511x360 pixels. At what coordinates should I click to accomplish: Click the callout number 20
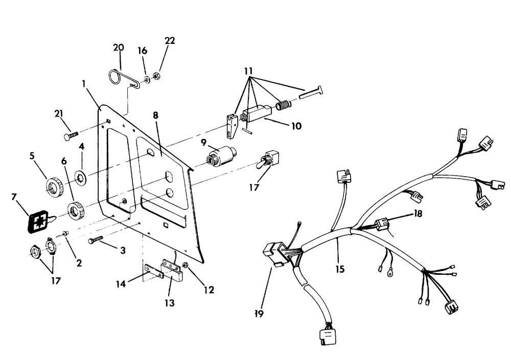pos(119,47)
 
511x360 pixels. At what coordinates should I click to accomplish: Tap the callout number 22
pos(170,41)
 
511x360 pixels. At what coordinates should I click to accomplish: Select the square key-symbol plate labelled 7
pos(39,221)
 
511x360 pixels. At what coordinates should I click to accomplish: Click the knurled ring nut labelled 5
pos(54,186)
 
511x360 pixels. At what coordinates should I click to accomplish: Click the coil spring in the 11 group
pos(283,106)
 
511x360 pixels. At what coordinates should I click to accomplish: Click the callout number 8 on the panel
pos(155,115)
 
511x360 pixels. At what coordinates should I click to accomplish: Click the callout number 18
pos(419,214)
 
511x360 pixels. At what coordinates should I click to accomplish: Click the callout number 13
pos(170,303)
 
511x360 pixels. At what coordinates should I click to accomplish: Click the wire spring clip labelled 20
pos(121,79)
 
